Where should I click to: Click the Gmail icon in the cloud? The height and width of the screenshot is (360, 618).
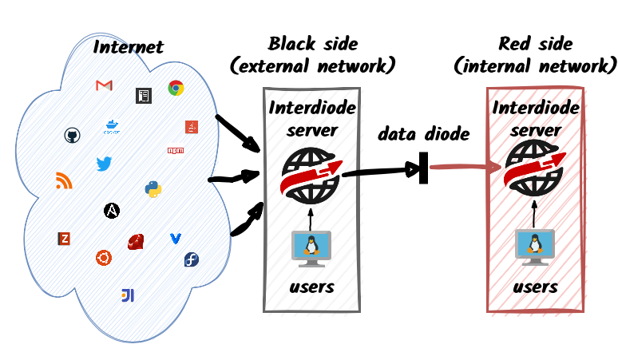(104, 85)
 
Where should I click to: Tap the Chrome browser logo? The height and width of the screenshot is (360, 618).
(176, 88)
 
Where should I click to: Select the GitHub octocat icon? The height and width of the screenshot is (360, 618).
(72, 136)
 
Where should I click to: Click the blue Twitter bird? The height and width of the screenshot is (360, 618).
(104, 164)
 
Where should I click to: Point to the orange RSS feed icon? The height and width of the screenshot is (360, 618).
(64, 180)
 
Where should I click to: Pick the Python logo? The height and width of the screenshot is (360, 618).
(153, 189)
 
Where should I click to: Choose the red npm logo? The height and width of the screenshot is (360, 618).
(176, 150)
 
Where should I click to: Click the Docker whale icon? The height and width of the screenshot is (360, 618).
(112, 127)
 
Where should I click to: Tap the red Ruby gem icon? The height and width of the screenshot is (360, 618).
(136, 241)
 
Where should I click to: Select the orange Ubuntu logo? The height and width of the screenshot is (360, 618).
(104, 258)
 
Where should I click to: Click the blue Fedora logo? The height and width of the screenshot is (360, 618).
(192, 259)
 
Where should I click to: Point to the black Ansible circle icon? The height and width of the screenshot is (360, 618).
(112, 211)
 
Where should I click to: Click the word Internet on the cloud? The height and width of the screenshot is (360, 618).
(128, 47)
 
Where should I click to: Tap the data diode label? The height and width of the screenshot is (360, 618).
(424, 134)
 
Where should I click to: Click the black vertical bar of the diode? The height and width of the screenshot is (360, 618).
(424, 168)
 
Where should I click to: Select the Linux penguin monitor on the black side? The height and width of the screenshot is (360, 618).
(311, 249)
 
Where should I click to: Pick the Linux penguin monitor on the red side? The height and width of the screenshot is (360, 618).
(535, 247)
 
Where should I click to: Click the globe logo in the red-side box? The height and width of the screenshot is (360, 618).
(535, 168)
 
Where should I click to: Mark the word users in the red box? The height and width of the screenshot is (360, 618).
(535, 287)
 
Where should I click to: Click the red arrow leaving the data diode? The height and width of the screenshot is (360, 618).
(465, 168)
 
